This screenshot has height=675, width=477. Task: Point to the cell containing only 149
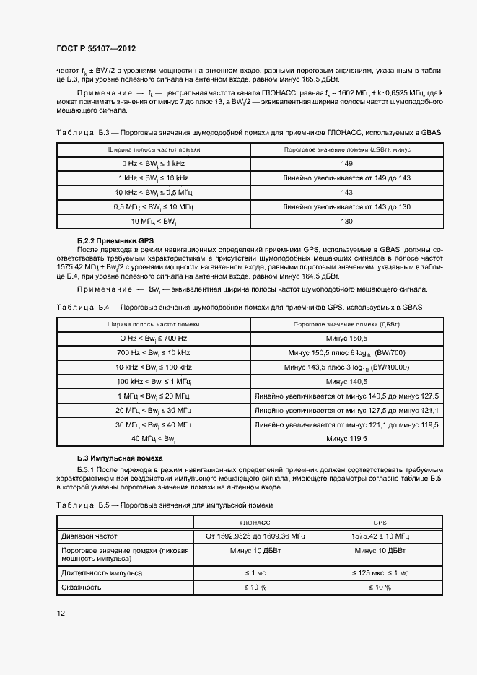pos(347,163)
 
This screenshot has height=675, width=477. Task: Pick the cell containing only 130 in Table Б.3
pos(347,221)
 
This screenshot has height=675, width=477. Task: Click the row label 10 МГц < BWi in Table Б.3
pos(154,221)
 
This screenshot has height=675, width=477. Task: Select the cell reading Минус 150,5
pos(347,338)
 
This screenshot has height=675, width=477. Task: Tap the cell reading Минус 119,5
pos(347,439)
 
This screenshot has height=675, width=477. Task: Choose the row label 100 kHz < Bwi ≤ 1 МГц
pos(154,381)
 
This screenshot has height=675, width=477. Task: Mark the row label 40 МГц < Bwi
pos(154,439)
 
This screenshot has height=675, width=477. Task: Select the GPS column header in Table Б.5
pos(380,521)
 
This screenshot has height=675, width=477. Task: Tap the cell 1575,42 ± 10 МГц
pos(380,536)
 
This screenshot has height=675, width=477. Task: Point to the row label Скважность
pos(81,588)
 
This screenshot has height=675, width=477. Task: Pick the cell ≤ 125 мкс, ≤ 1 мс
pos(380,572)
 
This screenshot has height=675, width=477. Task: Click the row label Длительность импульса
pos(100,572)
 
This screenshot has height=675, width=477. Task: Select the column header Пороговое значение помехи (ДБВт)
pos(347,325)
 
